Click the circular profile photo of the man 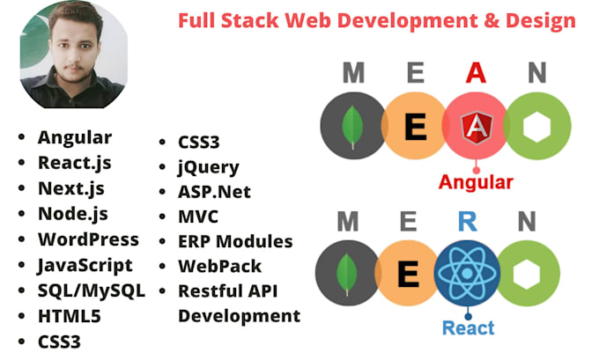coord(72,55)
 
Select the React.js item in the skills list coord(74,162)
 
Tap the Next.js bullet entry coord(70,187)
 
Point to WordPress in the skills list coord(88,239)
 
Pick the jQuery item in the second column coord(209,165)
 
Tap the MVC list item coord(198,216)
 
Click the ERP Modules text coord(235,241)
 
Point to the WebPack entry coord(219,266)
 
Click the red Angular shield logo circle coord(476,129)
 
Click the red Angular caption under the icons coord(476,183)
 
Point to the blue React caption coord(469,327)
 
